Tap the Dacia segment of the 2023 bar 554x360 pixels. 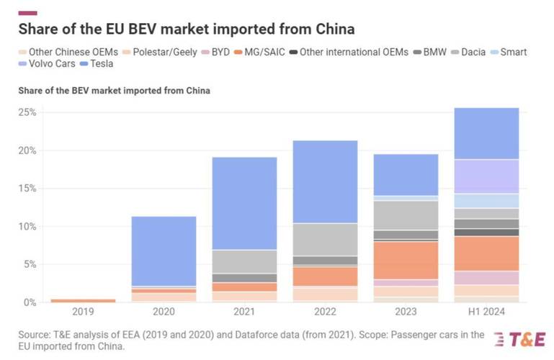[x=406, y=215]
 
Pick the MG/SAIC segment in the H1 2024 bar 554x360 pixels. [x=486, y=253]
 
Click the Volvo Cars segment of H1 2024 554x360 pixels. [x=486, y=176]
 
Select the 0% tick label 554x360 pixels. [x=30, y=302]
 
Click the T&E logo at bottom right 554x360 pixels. [x=519, y=338]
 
